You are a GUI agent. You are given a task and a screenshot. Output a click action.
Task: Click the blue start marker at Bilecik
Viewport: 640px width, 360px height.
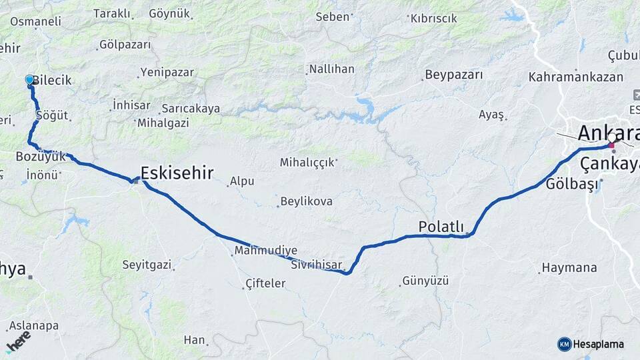point(29,80)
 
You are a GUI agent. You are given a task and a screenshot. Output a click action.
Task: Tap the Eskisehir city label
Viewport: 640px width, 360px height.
point(177,174)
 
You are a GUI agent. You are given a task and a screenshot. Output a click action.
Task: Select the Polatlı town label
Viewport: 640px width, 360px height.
point(441,227)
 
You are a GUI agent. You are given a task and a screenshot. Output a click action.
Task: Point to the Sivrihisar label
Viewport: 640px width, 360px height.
point(316,265)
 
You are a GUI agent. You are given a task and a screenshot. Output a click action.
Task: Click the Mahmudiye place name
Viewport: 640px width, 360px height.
point(265,251)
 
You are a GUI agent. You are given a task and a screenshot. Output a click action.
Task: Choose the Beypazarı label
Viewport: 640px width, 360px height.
point(453,75)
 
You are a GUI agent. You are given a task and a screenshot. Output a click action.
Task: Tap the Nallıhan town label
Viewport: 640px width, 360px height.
point(331,69)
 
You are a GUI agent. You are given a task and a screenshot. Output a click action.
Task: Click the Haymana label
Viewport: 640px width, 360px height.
point(569,267)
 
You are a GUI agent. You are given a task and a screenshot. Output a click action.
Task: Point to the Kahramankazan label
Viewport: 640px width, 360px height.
point(575,77)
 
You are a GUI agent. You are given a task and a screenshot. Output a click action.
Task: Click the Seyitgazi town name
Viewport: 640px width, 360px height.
point(147,265)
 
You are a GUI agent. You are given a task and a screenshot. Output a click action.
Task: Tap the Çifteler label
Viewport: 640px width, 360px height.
point(265,283)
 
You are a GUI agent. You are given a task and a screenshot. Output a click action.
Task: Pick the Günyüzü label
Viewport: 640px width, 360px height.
point(425,281)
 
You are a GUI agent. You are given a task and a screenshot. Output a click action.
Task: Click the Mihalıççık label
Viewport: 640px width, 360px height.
point(306,162)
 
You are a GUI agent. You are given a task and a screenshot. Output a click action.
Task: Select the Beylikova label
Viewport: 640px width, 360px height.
point(306,201)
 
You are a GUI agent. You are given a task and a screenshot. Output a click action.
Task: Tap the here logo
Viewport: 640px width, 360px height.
point(19,341)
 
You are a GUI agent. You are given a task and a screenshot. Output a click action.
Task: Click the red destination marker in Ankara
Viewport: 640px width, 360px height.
point(611,145)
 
